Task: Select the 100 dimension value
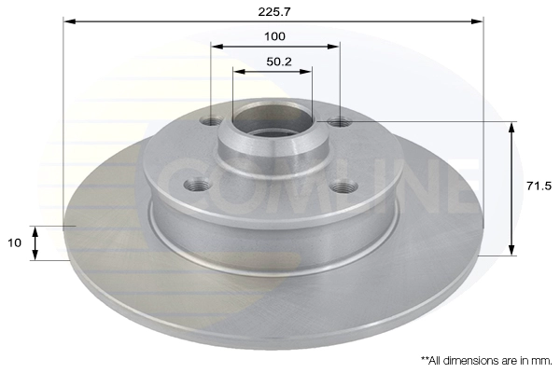[274, 36]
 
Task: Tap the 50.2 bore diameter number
[279, 62]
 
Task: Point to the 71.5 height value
[539, 186]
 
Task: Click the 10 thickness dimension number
[15, 242]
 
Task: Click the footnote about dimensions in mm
[486, 361]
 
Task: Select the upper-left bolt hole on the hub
[212, 122]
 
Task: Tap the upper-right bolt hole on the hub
[340, 122]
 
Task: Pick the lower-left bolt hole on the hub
[198, 186]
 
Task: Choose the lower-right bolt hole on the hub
[343, 186]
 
